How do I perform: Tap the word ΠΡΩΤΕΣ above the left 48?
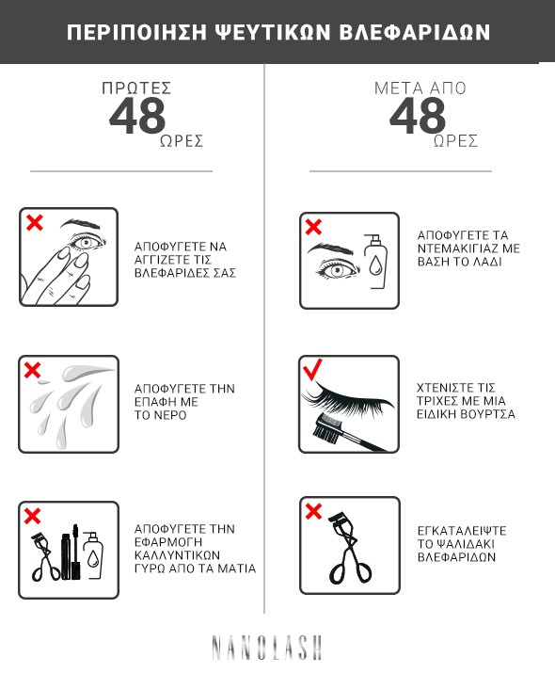136,88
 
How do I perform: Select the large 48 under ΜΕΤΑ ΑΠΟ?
418,116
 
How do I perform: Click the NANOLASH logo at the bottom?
267,648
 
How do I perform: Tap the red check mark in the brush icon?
312,369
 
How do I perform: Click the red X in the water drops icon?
33,370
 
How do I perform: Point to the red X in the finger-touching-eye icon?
35,222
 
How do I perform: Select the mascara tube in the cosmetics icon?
66,556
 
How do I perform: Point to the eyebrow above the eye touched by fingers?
79,224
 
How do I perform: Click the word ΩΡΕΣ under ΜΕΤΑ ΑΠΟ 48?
455,141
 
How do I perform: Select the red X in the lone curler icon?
313,511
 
